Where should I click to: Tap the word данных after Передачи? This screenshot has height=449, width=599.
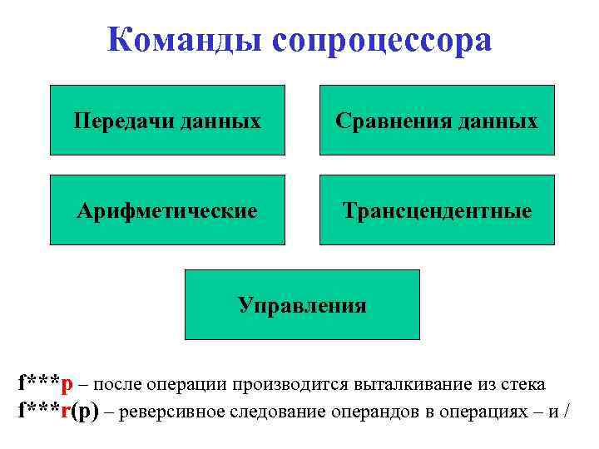pyautogui.click(x=220, y=121)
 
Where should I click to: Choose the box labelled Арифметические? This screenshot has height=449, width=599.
pyautogui.click(x=167, y=210)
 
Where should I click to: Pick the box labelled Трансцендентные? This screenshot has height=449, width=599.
pyautogui.click(x=438, y=210)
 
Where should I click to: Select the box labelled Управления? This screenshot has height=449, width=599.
pyautogui.click(x=302, y=304)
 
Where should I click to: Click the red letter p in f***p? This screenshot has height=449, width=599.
pyautogui.click(x=67, y=385)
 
